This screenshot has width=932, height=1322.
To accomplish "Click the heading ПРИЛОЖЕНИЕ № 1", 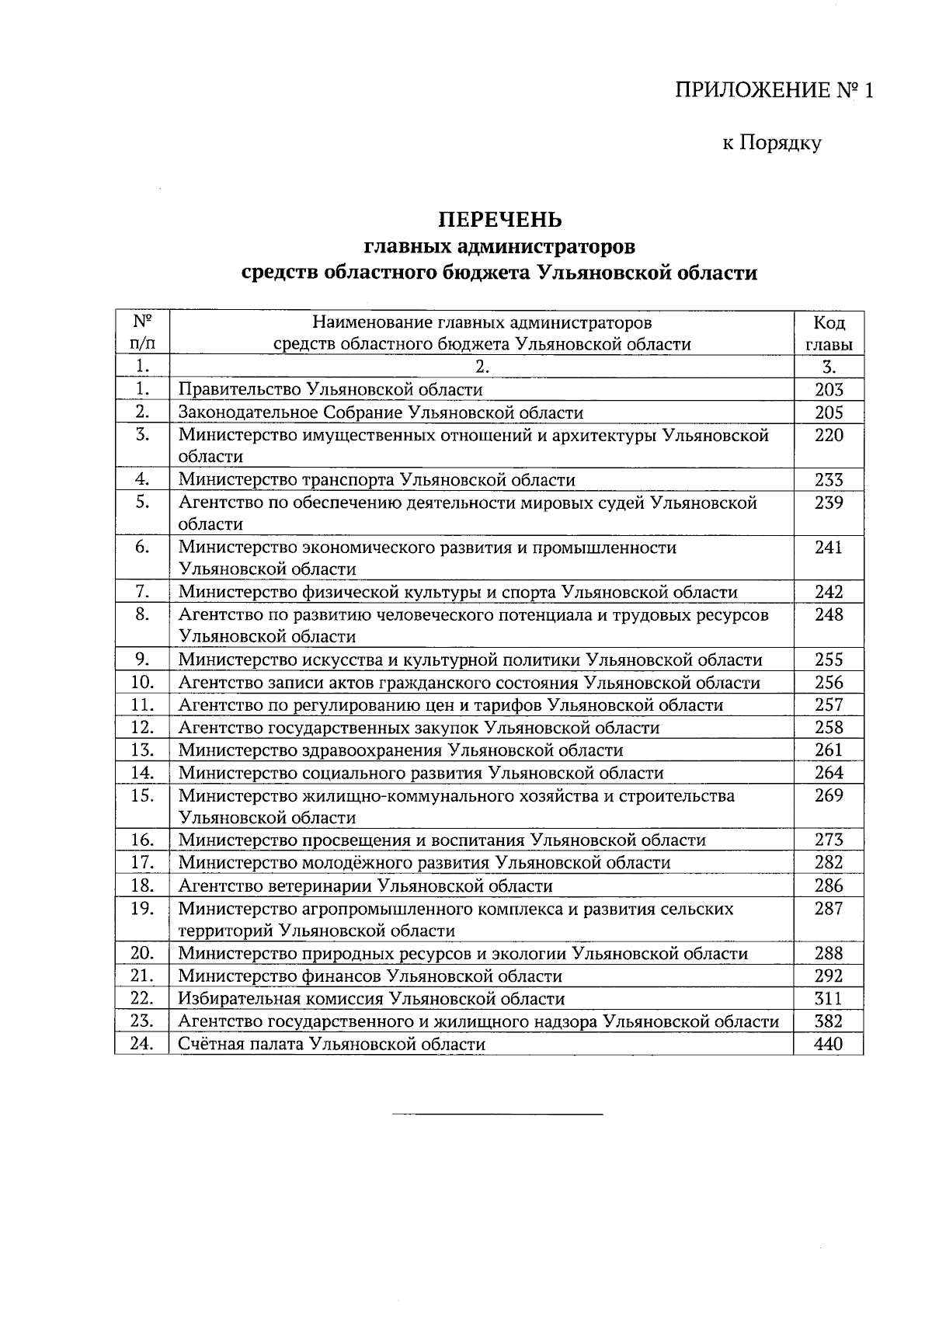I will (x=774, y=91).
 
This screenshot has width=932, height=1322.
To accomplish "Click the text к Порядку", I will (x=771, y=143).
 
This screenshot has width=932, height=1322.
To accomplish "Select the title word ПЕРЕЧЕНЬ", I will (x=500, y=220).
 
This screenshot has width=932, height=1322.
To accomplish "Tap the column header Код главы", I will (x=829, y=333).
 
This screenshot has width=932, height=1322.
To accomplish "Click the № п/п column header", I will (x=141, y=333).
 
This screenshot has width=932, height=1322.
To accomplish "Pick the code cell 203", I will (x=829, y=390).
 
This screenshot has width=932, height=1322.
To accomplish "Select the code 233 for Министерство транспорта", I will (x=829, y=480).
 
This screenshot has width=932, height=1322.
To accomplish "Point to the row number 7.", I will (x=141, y=592).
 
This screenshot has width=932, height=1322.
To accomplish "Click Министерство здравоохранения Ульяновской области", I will (x=401, y=750).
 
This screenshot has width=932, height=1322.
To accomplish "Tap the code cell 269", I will (x=829, y=795).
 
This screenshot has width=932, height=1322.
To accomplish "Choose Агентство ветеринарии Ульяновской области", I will (x=365, y=886).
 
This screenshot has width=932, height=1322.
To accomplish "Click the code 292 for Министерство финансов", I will (x=829, y=976).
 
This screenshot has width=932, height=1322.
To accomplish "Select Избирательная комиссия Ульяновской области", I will (x=371, y=999).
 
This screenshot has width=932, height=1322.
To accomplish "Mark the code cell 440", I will (x=829, y=1045).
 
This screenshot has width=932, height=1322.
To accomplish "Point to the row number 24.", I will (x=141, y=1044).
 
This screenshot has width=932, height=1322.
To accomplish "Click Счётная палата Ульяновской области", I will (x=332, y=1045).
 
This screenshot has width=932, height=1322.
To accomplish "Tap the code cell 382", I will (x=829, y=1021).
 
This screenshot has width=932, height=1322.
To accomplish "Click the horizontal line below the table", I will (x=497, y=1115).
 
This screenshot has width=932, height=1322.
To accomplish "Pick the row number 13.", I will (x=141, y=750).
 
